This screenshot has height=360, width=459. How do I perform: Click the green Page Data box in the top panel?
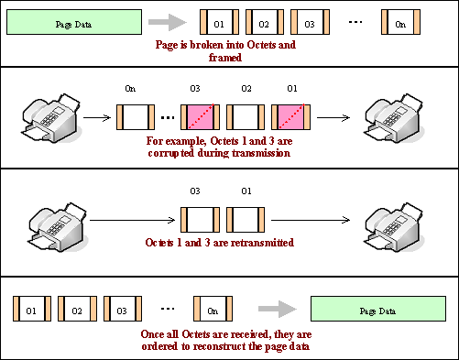pyautogui.click(x=74, y=22)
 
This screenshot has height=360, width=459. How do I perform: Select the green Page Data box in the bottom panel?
pyautogui.click(x=378, y=309)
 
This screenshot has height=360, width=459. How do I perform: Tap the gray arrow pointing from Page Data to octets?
pyautogui.click(x=168, y=22)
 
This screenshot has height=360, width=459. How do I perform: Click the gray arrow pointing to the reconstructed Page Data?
pyautogui.click(x=278, y=309)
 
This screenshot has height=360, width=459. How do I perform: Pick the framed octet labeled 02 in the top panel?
pyautogui.click(x=265, y=22)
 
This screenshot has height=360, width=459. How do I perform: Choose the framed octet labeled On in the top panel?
pyautogui.click(x=400, y=22)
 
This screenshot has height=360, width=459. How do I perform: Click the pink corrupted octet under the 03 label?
pyautogui.click(x=200, y=117)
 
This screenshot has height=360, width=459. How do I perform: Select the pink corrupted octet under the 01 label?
pyautogui.click(x=291, y=117)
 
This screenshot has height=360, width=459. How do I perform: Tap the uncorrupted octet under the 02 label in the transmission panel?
pyautogui.click(x=246, y=117)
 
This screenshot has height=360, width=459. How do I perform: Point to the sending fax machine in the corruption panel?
pyautogui.click(x=51, y=117)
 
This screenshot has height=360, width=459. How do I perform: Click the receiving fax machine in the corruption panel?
pyautogui.click(x=394, y=117)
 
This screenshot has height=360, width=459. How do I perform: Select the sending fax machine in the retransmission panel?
pyautogui.click(x=58, y=226)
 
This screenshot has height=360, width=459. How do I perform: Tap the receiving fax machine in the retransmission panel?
pyautogui.click(x=394, y=226)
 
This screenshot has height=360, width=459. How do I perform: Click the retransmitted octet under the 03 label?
pyautogui.click(x=200, y=220)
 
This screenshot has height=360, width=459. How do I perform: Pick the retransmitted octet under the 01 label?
pyautogui.click(x=246, y=220)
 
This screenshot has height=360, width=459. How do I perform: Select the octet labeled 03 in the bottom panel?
pyautogui.click(x=123, y=309)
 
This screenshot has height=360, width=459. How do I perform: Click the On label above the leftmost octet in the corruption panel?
pyautogui.click(x=130, y=89)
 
